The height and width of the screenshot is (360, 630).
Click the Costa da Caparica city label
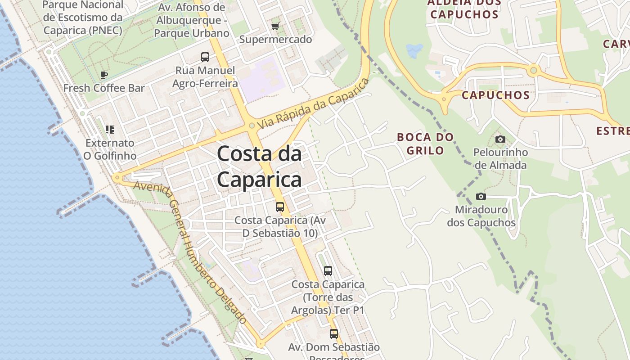259,167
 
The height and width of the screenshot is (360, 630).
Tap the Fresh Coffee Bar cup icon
104,75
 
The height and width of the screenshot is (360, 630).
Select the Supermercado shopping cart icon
275,26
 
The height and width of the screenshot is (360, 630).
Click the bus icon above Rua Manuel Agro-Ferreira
205,57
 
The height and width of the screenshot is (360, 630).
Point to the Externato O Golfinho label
110,149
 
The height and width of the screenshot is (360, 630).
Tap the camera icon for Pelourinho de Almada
500,139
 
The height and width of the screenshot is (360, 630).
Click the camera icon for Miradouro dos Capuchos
481,196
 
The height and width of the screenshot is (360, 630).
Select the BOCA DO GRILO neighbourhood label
425,144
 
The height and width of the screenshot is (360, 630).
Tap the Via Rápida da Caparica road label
313,103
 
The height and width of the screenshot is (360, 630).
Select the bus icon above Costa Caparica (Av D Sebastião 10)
280,207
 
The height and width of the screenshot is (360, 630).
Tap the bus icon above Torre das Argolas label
328,271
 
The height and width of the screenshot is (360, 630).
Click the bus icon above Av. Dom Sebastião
333,334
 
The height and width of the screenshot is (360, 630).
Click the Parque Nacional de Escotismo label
83,18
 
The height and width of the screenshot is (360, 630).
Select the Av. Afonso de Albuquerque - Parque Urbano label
192,20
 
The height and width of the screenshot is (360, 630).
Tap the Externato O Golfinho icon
110,130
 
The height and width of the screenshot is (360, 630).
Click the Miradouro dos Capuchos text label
481,216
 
